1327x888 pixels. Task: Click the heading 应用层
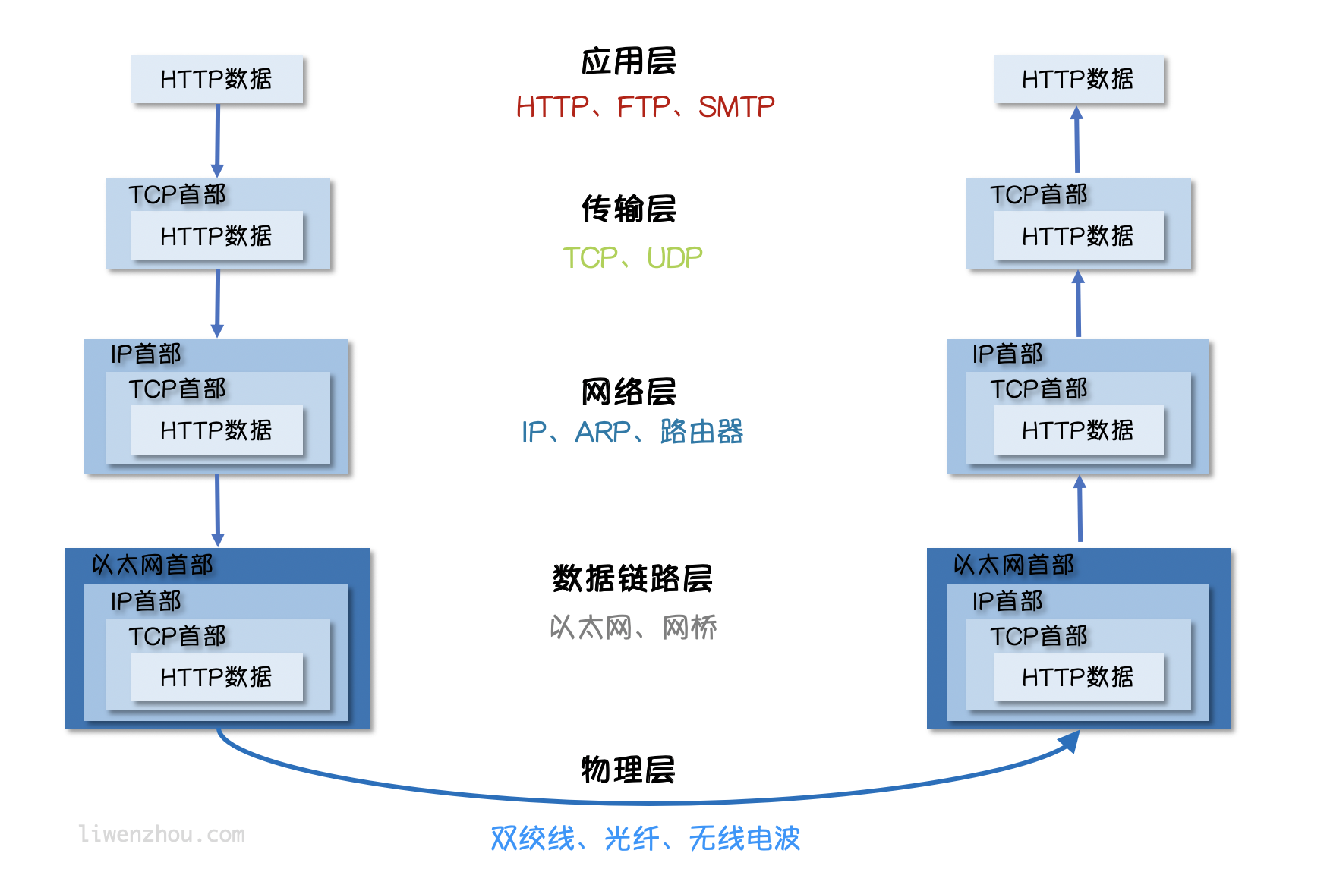[629, 61]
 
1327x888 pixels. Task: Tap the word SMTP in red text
[736, 107]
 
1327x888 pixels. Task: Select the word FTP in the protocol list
[643, 107]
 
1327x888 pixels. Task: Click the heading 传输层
[629, 209]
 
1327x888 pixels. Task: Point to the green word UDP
[674, 258]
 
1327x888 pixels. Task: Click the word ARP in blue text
[603, 433]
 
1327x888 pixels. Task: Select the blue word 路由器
[701, 432]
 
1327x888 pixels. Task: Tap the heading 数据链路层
[632, 579]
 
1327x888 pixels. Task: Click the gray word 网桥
[689, 628]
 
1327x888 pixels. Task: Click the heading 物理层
[628, 770]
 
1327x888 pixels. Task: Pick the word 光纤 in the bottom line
[632, 839]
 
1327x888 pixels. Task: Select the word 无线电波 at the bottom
[745, 839]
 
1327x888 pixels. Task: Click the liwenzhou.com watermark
[162, 834]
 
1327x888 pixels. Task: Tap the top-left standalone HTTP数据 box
[216, 79]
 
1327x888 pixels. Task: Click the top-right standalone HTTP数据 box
[1078, 79]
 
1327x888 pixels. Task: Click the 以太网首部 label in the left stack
[152, 565]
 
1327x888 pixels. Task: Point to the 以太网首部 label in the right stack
[1013, 565]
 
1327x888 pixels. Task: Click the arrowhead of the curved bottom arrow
[1072, 741]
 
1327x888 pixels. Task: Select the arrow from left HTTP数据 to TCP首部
[217, 140]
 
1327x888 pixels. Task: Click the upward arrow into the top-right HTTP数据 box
[1076, 140]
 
